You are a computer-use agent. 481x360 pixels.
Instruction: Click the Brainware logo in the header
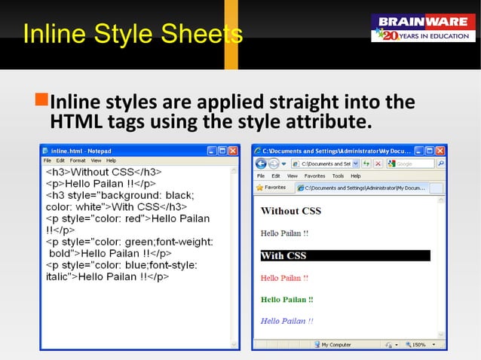[422, 28]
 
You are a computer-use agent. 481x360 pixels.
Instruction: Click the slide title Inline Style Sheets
[133, 34]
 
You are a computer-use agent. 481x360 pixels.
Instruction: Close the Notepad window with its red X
[233, 151]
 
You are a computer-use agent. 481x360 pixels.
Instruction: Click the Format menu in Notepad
[78, 160]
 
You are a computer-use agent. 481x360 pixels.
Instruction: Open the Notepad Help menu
[111, 160]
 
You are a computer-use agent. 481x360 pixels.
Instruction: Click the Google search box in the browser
[416, 163]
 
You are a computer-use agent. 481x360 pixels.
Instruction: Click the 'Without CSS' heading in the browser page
[290, 211]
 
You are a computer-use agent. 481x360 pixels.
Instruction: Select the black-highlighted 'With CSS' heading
[283, 255]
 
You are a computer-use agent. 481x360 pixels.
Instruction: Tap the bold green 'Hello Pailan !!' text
[286, 299]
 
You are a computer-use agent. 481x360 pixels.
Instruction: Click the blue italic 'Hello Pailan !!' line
[286, 321]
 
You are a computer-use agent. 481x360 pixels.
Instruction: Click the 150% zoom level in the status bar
[416, 344]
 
